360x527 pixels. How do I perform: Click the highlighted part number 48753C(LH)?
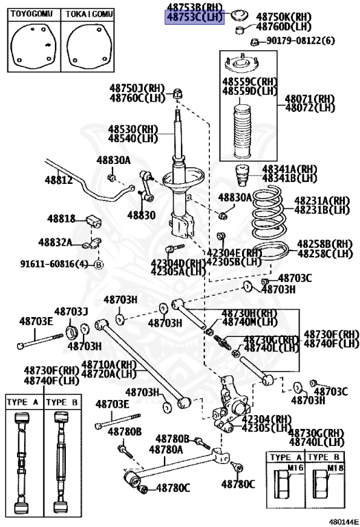pos(195,19)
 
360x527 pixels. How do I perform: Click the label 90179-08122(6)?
pos(302,41)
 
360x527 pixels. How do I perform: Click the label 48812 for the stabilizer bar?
pos(59,180)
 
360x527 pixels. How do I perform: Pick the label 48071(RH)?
pos(310,98)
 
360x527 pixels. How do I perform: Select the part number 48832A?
pos(55,242)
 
